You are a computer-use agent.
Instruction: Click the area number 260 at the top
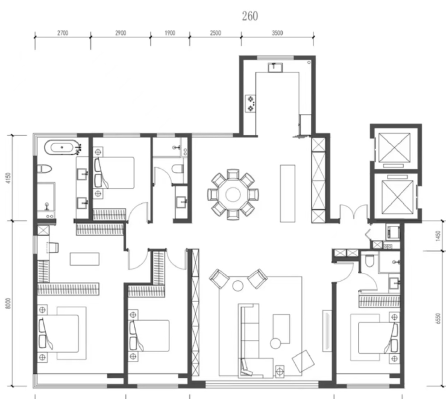click(x=250, y=16)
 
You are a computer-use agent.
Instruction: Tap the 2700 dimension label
click(x=63, y=33)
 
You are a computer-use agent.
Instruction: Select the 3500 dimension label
click(x=277, y=33)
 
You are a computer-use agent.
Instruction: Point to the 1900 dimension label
click(x=170, y=33)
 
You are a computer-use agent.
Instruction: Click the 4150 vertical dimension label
click(x=8, y=178)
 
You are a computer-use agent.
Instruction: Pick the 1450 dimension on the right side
click(x=438, y=236)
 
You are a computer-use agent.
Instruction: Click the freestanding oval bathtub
click(x=61, y=147)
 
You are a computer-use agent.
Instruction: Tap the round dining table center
click(x=233, y=194)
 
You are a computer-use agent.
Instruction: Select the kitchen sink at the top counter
click(x=275, y=68)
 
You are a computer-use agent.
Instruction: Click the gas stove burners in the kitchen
click(x=251, y=104)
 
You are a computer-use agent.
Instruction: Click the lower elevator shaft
click(x=397, y=197)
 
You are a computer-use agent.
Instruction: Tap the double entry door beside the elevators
click(x=354, y=211)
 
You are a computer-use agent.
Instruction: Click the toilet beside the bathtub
click(x=45, y=169)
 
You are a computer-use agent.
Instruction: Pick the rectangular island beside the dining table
click(x=287, y=193)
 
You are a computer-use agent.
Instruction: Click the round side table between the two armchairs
click(x=238, y=286)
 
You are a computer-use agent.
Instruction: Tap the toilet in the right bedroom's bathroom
click(x=369, y=261)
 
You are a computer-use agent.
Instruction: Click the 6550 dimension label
click(x=438, y=318)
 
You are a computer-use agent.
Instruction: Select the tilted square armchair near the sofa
click(x=303, y=361)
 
